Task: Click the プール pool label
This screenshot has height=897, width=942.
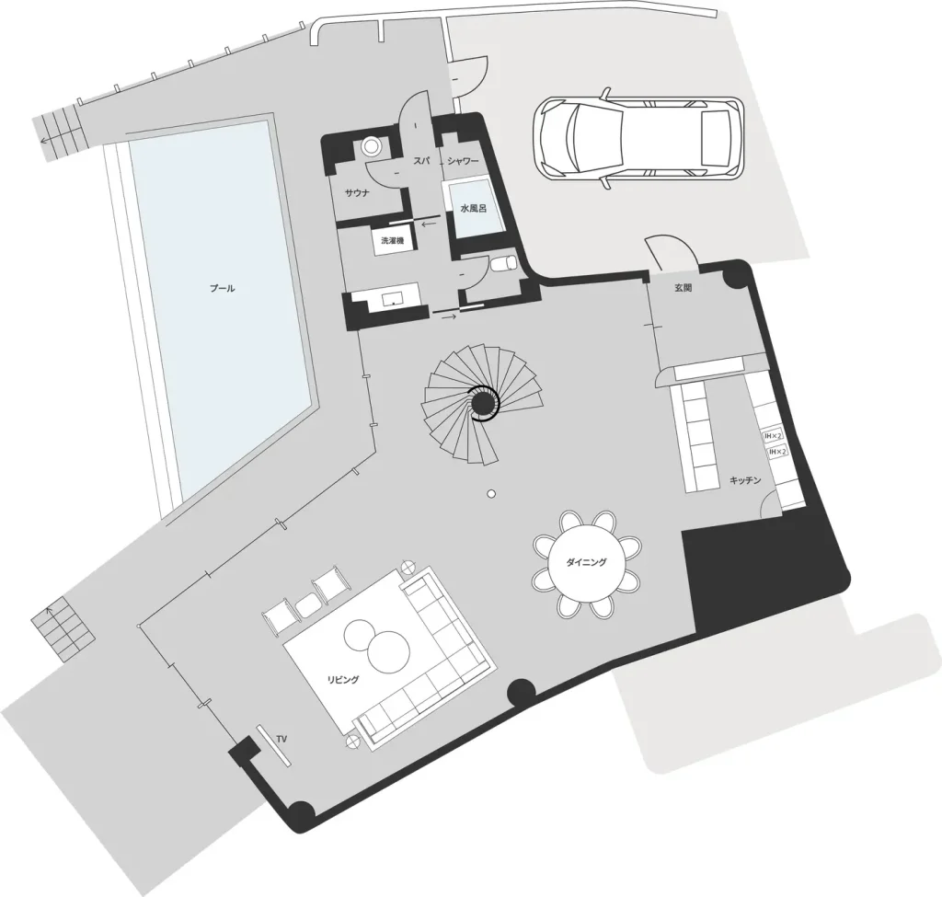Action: tap(223, 288)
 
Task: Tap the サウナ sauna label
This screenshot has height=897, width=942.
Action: tap(357, 193)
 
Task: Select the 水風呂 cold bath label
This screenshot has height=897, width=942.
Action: tap(474, 209)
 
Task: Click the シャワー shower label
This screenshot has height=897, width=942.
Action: tap(464, 161)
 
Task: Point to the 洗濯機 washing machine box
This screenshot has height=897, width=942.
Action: tap(392, 241)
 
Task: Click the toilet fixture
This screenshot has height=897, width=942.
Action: tap(503, 263)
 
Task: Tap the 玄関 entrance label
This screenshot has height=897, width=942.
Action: tap(684, 288)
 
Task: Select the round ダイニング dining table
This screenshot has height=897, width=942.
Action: tap(586, 562)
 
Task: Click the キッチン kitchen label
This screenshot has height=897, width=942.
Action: tap(745, 480)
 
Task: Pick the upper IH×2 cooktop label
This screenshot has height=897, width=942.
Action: tap(773, 435)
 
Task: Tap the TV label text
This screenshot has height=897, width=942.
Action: tap(281, 738)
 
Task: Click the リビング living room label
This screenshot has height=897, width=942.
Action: tap(343, 680)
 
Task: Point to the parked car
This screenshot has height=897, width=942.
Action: tap(638, 138)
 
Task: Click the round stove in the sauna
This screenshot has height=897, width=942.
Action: tap(372, 146)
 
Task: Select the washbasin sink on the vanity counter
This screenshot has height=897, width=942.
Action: tap(394, 297)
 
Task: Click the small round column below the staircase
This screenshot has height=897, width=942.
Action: tap(491, 494)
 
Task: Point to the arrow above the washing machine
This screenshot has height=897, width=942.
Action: tap(429, 224)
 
